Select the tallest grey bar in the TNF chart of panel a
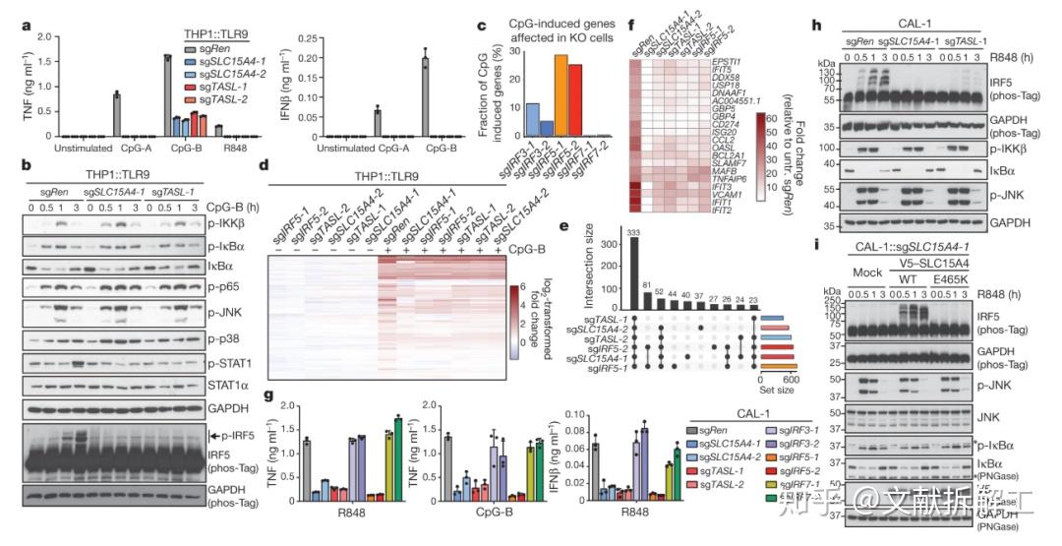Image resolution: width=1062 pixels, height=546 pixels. pyautogui.click(x=168, y=95)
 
